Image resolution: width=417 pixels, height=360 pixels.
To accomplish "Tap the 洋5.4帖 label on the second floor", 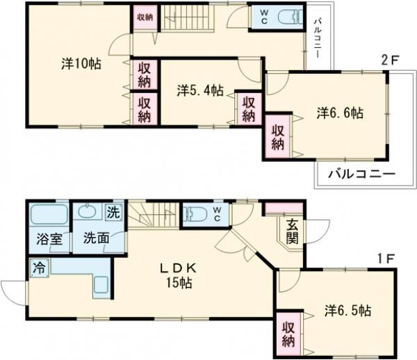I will pos(199,90).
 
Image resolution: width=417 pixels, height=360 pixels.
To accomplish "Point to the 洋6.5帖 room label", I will pos(347,310).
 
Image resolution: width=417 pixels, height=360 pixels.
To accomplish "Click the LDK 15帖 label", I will pos(179,275).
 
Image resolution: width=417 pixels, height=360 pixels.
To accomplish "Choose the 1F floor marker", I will pos(387,259).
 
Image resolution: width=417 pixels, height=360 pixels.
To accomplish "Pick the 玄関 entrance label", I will pos(292,231).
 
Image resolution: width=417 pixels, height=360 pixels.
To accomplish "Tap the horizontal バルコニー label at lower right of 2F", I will pos(360,174).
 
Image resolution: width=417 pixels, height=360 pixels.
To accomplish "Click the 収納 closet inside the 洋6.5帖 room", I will pos(288,334).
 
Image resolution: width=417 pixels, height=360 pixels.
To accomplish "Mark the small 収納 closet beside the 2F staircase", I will pos(144,17).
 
